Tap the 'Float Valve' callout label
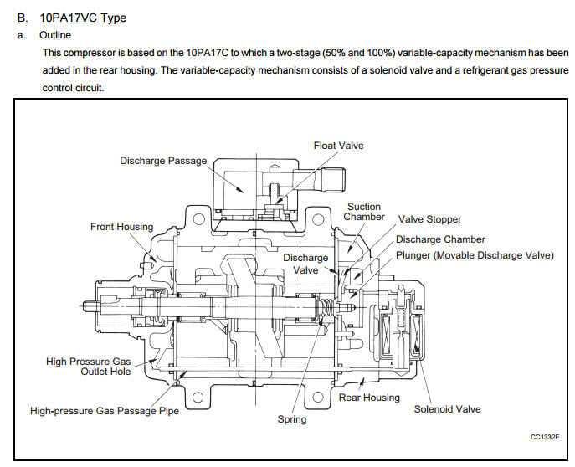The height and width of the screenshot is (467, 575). (339, 146)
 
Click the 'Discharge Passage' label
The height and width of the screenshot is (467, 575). (163, 161)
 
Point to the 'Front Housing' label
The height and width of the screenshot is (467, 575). (122, 227)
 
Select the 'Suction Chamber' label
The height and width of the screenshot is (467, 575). (364, 212)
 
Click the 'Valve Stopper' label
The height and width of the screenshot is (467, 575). (429, 219)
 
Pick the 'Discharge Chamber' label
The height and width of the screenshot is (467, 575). (440, 239)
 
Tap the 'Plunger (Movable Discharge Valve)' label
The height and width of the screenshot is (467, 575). (475, 254)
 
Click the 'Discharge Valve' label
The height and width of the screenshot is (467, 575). (305, 264)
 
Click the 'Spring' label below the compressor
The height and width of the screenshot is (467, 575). (292, 419)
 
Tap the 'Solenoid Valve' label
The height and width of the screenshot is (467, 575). (448, 409)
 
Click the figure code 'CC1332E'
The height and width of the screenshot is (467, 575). (545, 438)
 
